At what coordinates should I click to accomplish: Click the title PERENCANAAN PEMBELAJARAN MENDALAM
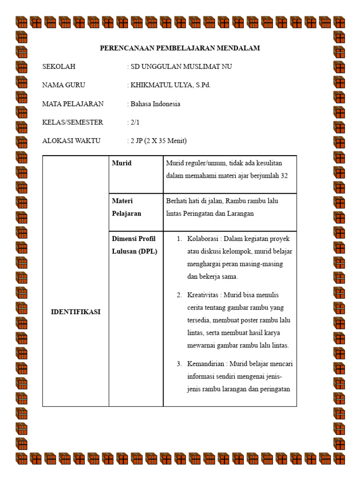point(180,48)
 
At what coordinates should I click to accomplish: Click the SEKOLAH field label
point(59,67)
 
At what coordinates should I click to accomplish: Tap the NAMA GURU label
point(64,85)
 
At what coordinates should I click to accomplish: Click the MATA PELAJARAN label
point(73,104)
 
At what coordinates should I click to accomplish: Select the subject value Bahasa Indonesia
point(155,104)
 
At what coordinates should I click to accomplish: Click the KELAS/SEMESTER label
point(72,122)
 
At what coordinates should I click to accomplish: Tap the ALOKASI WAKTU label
point(71,141)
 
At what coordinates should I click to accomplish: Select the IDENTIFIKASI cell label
point(75,312)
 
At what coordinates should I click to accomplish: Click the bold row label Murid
point(121,163)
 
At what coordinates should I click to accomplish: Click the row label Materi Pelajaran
point(126,207)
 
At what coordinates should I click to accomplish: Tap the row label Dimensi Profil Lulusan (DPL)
point(134,245)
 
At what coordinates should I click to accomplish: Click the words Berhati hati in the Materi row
point(186,201)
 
